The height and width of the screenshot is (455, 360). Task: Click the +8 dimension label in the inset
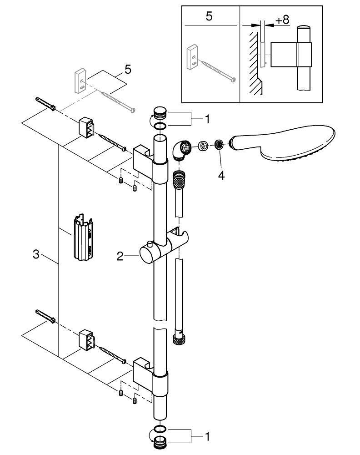(282, 20)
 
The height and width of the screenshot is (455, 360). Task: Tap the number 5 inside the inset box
(209, 17)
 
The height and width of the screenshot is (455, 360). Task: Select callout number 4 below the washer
(221, 175)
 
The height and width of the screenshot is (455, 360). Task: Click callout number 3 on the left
(36, 255)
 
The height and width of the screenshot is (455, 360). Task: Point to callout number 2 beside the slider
(120, 257)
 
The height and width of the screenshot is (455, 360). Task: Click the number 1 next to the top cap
(207, 120)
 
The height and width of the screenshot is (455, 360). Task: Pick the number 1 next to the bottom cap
(207, 437)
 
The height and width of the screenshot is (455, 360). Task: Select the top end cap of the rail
(160, 111)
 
